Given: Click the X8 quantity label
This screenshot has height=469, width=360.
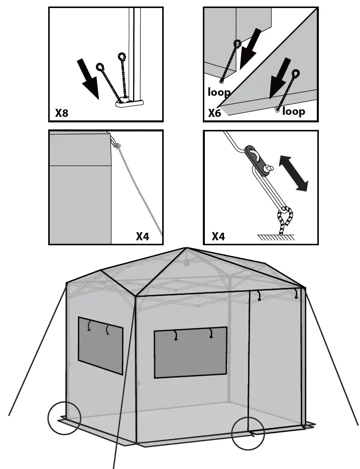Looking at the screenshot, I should click(62, 113).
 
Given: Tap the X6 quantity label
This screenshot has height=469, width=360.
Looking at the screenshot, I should click(214, 113).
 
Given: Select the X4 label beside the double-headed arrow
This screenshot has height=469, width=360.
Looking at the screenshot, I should click(218, 236).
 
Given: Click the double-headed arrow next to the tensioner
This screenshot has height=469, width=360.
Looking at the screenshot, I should click(294, 173).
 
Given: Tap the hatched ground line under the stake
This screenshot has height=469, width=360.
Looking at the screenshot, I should click(275, 237).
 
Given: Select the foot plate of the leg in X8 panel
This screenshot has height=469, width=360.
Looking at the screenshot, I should click(129, 103).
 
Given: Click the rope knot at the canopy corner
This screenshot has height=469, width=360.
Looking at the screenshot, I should click(117, 145).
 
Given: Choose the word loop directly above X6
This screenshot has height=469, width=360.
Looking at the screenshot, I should click(219, 92).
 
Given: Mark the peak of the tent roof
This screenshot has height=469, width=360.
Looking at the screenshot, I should click(186, 248).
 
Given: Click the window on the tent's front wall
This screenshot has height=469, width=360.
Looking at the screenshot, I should click(190, 352).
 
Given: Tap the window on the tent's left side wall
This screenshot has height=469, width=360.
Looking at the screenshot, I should click(100, 346).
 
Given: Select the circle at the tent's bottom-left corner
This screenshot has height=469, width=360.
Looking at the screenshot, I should click(64, 418).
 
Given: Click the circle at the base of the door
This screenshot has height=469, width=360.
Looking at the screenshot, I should click(248, 433).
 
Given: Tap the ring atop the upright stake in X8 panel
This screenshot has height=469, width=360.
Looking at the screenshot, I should click(122, 56).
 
